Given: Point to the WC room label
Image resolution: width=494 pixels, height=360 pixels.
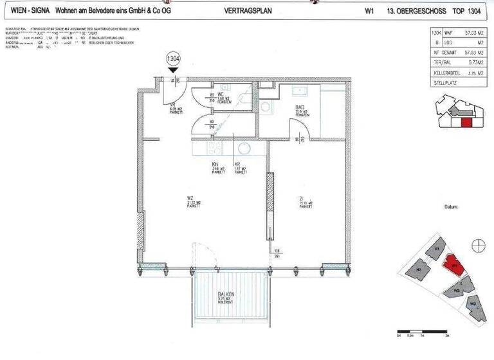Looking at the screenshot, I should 221,94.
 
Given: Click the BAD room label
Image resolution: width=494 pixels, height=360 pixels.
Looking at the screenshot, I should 299,107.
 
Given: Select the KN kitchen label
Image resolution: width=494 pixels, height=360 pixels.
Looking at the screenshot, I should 216,165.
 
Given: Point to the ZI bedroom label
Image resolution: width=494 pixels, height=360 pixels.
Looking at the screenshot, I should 301,198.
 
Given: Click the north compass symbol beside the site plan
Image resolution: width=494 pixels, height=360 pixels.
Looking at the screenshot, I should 477,244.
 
